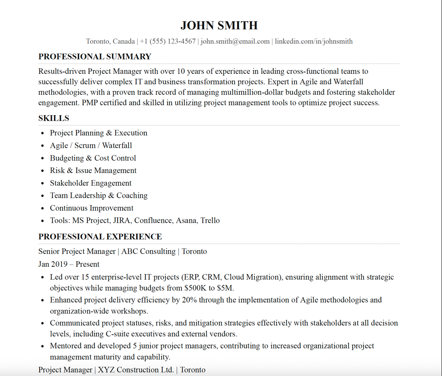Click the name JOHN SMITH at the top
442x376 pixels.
[219, 25]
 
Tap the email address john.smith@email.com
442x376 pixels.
[235, 41]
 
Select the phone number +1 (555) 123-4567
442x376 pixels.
[168, 41]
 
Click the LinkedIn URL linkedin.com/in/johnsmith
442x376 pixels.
[313, 41]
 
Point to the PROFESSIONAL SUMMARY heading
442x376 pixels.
[95, 56]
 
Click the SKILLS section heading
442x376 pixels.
[54, 118]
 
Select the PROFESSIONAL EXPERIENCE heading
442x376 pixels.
[100, 237]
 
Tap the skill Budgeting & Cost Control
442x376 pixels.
[93, 158]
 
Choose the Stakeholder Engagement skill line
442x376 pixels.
[91, 183]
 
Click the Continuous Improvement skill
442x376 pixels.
[92, 208]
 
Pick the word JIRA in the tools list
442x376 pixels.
[122, 221]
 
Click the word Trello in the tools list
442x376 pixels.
[210, 221]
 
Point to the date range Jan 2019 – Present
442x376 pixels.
[69, 264]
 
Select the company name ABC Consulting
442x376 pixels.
[148, 252]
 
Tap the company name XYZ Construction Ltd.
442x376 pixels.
[136, 370]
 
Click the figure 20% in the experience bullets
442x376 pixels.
[189, 300]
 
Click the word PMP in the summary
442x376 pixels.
[90, 103]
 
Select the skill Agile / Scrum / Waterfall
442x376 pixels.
[91, 145]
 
